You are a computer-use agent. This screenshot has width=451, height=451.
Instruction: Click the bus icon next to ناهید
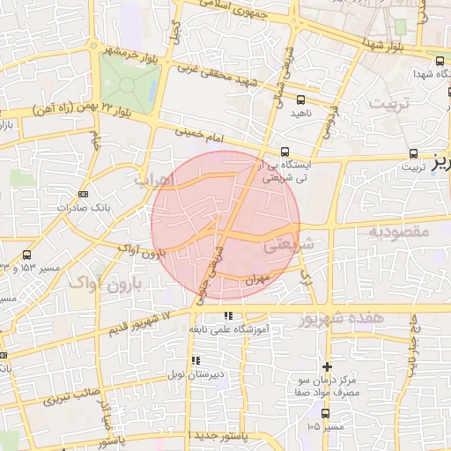301,100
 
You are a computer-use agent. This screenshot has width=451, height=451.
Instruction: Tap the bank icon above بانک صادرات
84,194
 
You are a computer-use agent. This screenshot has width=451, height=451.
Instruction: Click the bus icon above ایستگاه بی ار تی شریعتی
284,152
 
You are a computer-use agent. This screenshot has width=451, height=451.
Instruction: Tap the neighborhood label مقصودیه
398,233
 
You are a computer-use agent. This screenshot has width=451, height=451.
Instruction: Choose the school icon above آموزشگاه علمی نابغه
228,315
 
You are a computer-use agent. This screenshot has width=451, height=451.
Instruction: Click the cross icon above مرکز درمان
328,366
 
